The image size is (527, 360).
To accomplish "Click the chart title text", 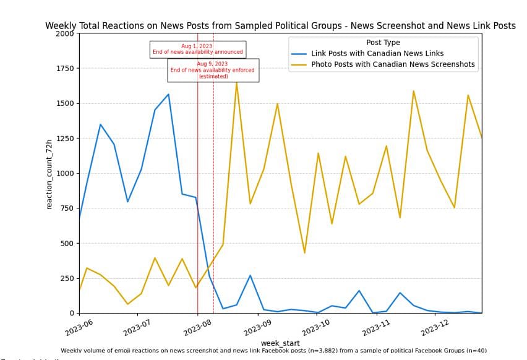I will click(280, 26).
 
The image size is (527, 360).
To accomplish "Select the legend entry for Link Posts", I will click(377, 54).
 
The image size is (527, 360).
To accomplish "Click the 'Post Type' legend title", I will click(383, 43).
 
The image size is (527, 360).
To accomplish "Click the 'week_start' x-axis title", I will click(280, 343).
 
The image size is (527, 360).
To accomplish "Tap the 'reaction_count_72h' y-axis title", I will click(49, 173).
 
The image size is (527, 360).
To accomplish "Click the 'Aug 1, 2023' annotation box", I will click(198, 49).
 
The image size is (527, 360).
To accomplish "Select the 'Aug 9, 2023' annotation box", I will click(213, 70).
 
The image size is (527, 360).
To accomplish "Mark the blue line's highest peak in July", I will click(168, 95).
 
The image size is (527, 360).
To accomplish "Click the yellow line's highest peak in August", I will click(236, 82).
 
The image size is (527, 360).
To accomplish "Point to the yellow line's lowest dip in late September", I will click(304, 252).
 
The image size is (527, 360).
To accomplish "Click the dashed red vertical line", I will click(213, 186).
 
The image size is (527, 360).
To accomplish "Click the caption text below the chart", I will click(273, 351).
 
